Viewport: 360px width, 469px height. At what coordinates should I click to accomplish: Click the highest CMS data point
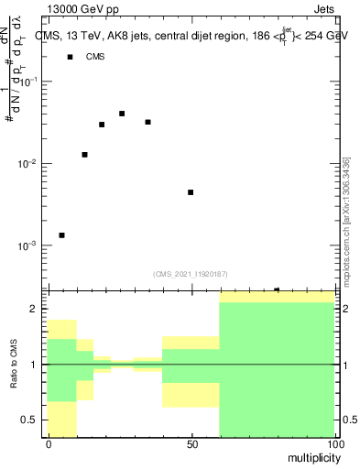pos(122,114)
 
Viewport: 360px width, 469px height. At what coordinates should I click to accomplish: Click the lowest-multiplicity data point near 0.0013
pos(61,235)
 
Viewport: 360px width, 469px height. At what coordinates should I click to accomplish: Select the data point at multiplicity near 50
pos(191,192)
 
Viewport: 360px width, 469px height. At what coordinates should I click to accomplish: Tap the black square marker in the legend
pos(70,57)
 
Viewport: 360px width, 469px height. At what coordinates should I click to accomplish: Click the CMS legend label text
pos(95,57)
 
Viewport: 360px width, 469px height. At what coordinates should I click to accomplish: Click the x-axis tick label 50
pos(191,444)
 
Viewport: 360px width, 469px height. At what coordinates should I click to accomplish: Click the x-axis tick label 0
pos(49,444)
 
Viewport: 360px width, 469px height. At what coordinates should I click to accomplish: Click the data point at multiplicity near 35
pos(147,122)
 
